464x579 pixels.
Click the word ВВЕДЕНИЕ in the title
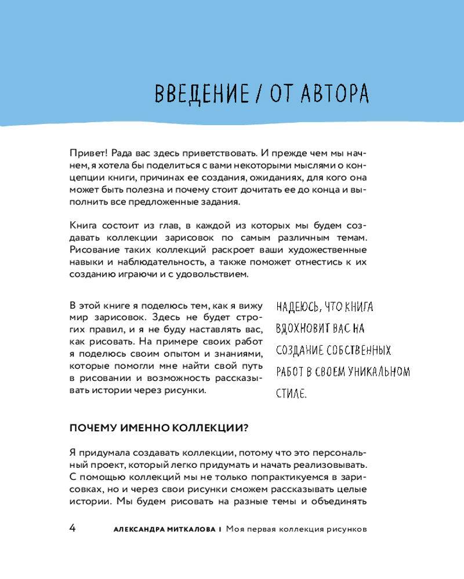click(194, 93)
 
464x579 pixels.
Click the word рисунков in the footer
click(348, 529)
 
